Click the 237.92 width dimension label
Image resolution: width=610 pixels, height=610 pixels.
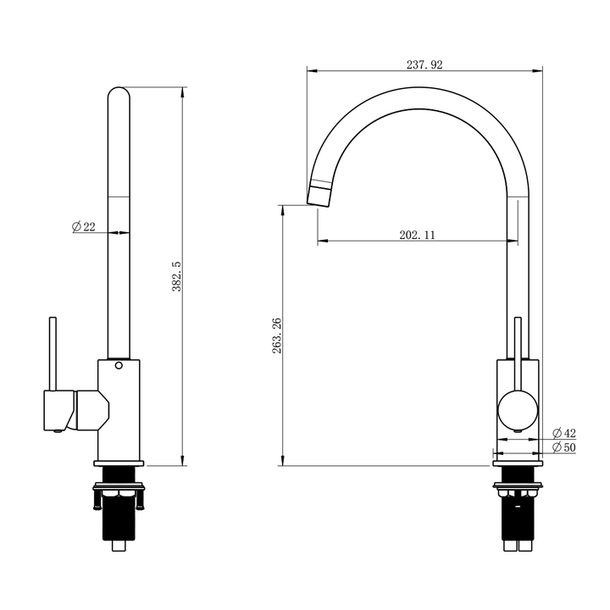click(x=424, y=64)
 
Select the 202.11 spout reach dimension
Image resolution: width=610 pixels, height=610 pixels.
click(x=416, y=236)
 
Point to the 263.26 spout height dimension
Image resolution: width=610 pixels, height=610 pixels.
click(x=277, y=335)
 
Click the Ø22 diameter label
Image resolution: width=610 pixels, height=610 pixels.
click(x=84, y=226)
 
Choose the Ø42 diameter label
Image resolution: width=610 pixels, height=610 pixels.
click(x=563, y=432)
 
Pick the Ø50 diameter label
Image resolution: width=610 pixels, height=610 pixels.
click(x=563, y=446)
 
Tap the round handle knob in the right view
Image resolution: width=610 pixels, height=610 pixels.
click(x=517, y=409)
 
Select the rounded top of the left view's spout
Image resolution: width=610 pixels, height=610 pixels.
click(x=119, y=93)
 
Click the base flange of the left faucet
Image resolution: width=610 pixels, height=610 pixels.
click(x=119, y=463)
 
